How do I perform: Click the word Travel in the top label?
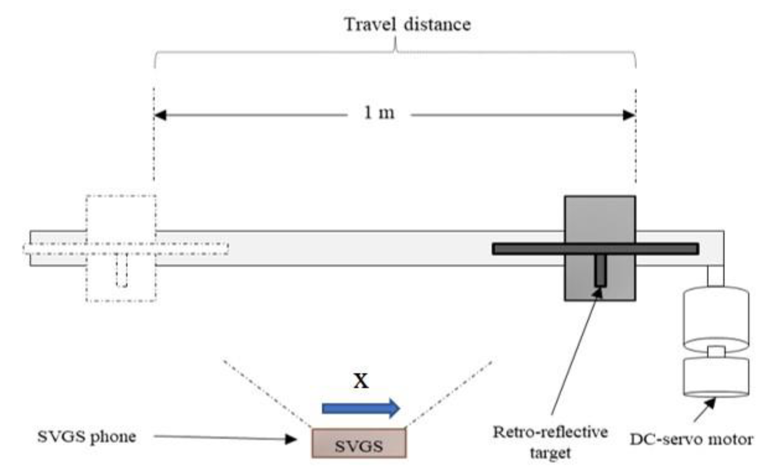[x=370, y=25]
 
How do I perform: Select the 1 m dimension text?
[x=379, y=113]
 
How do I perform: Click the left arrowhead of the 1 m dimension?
[x=160, y=115]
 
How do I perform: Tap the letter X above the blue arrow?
[x=361, y=381]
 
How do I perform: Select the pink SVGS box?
[x=359, y=443]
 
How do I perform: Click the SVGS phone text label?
[x=86, y=437]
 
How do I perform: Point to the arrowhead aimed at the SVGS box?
[x=291, y=439]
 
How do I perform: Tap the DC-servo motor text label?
[x=691, y=440]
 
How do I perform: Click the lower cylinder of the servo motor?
[x=716, y=377]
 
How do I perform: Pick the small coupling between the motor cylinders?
[x=716, y=352]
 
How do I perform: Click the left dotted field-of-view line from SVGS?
[x=267, y=394]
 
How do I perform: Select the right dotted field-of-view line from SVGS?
[x=449, y=394]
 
